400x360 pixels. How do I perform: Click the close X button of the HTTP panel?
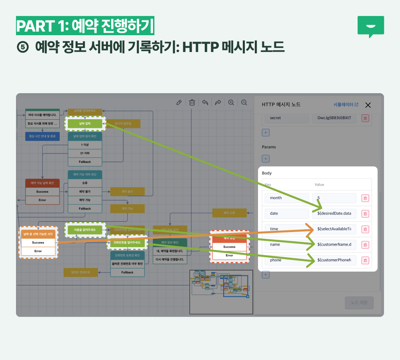tap(368, 105)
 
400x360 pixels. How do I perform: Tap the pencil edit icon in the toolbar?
tap(179, 102)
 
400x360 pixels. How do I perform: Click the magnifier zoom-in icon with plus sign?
tap(231, 102)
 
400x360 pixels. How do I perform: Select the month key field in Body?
tap(286, 198)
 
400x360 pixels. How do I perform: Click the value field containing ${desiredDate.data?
tap(334, 214)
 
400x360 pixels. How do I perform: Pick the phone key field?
tap(286, 260)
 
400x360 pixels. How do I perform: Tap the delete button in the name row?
tap(365, 245)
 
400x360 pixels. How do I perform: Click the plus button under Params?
tap(266, 159)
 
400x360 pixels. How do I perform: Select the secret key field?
tap(286, 118)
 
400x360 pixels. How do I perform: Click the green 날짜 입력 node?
tap(85, 124)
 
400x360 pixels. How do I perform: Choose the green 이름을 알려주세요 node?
tap(85, 230)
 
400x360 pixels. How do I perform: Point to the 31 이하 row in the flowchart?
tap(85, 153)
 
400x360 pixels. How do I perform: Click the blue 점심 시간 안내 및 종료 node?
tap(42, 136)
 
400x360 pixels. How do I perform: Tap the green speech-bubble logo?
tap(370, 26)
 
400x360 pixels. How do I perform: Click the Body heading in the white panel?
tap(266, 173)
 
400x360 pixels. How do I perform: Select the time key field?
tap(286, 229)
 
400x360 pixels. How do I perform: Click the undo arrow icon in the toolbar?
tap(205, 102)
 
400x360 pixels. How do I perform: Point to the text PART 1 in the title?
tap(40, 26)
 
